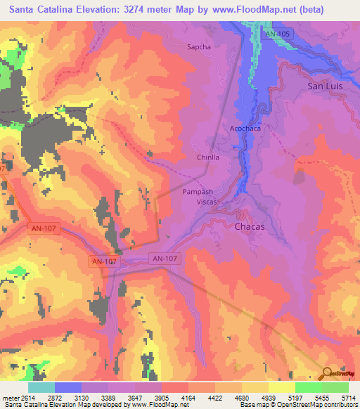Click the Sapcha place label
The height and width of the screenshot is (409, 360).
pyautogui.click(x=199, y=47)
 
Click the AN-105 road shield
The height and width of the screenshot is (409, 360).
pyautogui.click(x=278, y=33)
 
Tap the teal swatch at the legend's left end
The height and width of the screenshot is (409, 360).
pyautogui.click(x=41, y=387)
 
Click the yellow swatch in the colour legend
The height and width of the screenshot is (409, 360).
pyautogui.click(x=281, y=387)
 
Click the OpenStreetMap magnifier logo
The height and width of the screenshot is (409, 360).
pyautogui.click(x=328, y=375)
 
